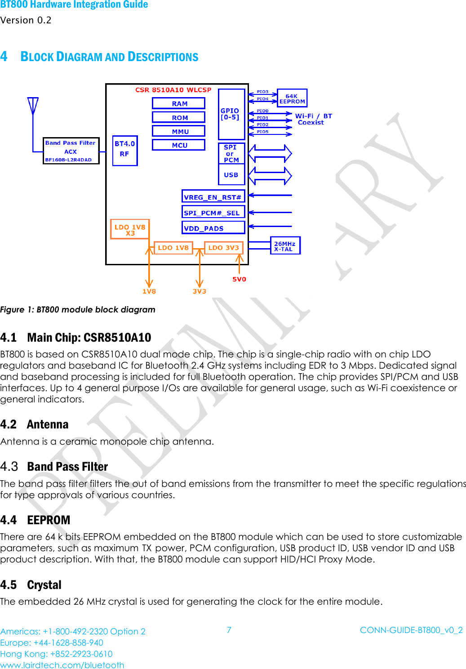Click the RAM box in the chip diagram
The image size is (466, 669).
(178, 103)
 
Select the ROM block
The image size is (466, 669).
(178, 117)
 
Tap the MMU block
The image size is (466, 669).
(178, 131)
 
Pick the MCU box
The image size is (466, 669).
(178, 145)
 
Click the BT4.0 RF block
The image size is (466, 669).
(125, 151)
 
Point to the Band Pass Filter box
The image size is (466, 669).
(71, 151)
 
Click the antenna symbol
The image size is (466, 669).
(33, 107)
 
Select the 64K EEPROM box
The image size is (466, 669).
(292, 98)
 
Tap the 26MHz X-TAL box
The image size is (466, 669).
(285, 246)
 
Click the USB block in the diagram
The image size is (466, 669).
(231, 175)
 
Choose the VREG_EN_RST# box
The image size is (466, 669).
(213, 197)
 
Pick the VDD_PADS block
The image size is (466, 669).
(213, 228)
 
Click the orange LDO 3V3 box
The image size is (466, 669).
(223, 248)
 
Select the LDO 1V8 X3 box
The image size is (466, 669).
(130, 229)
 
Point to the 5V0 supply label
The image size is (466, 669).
(239, 279)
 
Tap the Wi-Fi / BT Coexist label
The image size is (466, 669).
(313, 119)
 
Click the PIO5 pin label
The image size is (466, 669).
(262, 132)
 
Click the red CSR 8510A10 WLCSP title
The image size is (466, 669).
(173, 90)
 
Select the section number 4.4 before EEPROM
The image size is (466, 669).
(9, 520)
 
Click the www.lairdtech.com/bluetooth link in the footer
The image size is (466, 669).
(62, 665)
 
